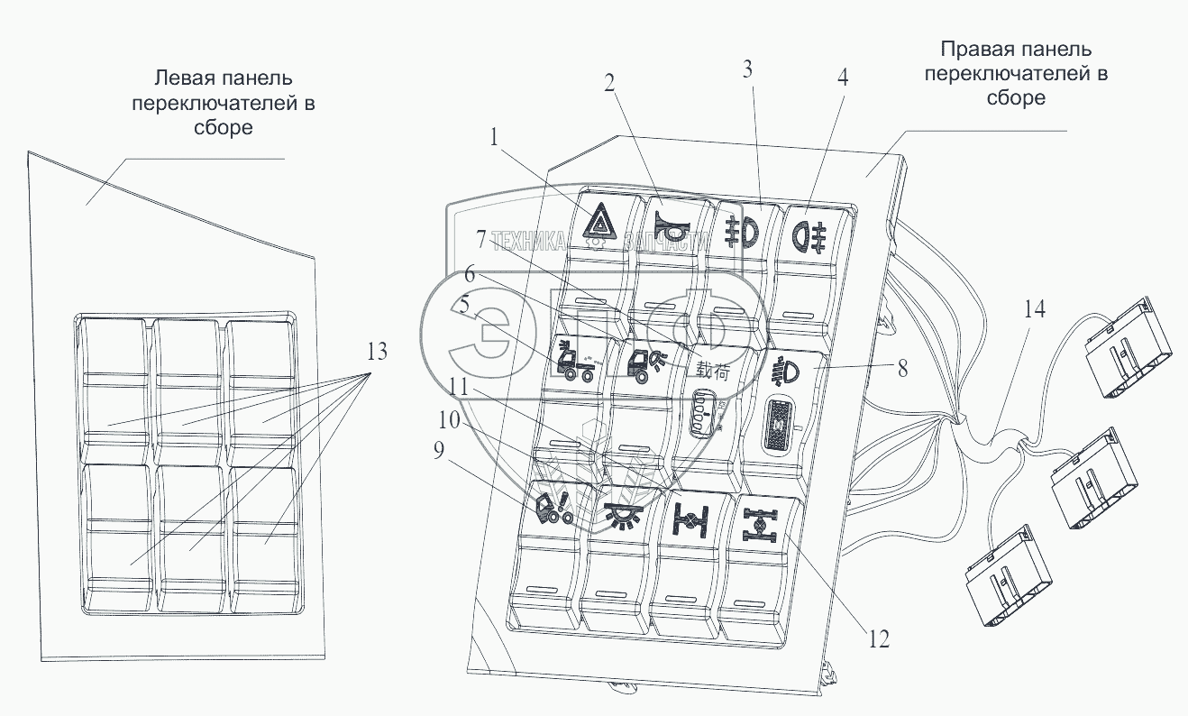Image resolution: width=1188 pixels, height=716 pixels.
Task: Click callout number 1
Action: click(494, 138)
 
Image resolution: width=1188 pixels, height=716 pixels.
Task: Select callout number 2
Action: click(610, 83)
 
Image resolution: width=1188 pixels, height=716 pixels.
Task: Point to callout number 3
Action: click(747, 69)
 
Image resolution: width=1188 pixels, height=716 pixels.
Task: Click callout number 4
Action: click(842, 78)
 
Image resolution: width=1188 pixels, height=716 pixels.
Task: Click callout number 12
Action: click(880, 639)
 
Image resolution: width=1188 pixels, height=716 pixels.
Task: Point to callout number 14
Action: click(1035, 310)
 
